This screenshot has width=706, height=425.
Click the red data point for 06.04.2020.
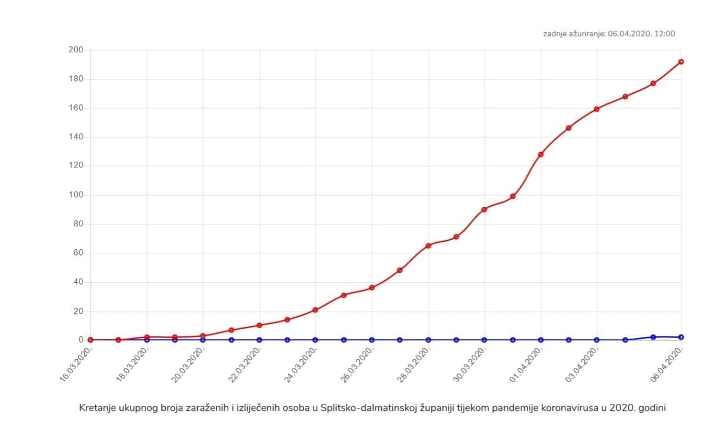pos(681,62)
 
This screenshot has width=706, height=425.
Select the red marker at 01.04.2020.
pos(541,154)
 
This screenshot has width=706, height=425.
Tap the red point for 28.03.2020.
pos(428,246)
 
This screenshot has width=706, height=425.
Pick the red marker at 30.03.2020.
pos(484,209)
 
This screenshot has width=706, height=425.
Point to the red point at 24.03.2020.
pos(315,310)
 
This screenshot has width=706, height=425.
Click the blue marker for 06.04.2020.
pos(681,337)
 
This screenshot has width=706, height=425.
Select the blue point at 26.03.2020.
pos(372,340)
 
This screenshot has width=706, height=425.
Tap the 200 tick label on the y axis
pos(75,50)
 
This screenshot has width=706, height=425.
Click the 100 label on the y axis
pos(75,195)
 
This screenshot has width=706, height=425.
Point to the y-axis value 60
pos(78,253)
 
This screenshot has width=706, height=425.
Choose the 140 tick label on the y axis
pos(75,137)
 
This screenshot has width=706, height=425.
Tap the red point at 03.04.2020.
pos(597,109)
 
